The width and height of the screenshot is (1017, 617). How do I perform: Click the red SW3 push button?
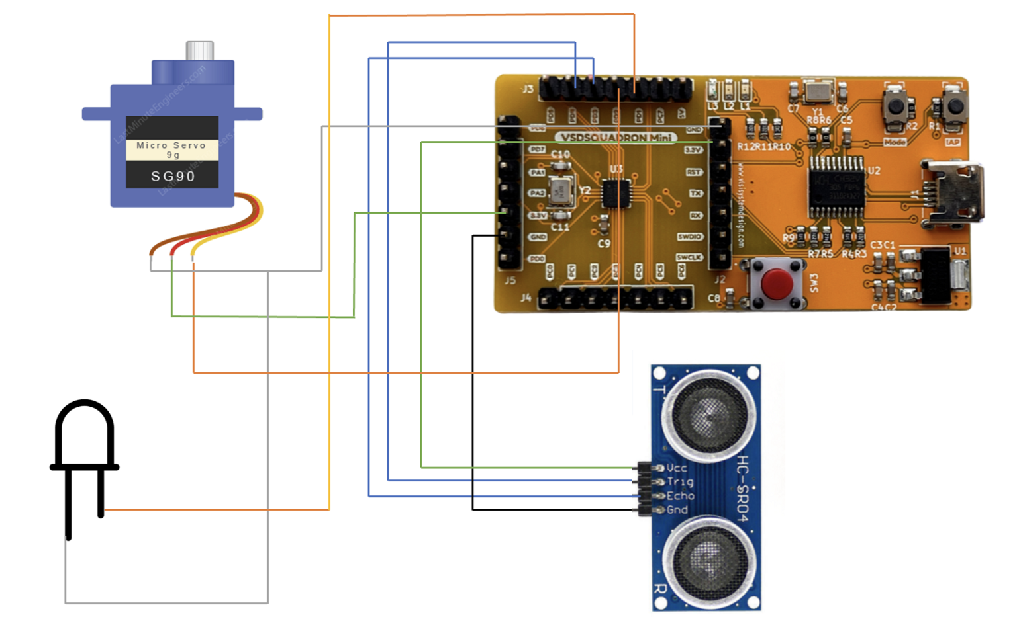777,283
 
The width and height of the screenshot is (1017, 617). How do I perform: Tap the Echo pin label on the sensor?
680,496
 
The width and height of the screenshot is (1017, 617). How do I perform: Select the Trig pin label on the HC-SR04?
680,482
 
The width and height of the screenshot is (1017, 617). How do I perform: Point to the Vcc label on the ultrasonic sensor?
677,468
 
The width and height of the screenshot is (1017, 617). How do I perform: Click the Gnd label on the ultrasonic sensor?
677,510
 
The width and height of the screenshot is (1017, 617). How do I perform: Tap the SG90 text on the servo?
173,176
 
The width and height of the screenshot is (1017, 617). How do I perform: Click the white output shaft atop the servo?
199,50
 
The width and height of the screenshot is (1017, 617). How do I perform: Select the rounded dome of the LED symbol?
84,430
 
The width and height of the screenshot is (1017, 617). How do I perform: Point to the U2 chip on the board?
837,186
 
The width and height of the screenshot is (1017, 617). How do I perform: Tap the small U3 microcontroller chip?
616,194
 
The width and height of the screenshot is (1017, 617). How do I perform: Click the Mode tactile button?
896,105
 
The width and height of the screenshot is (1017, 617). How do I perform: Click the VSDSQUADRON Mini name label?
616,138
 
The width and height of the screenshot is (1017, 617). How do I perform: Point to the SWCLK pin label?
689,257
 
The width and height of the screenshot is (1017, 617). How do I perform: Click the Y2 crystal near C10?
561,191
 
